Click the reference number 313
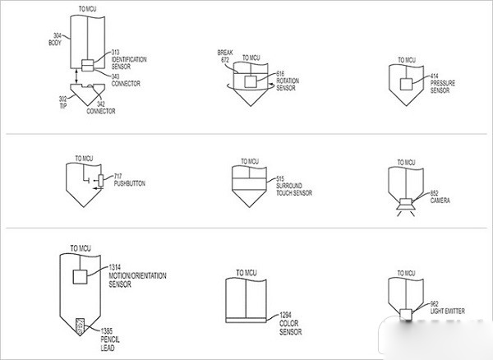pos(115,53)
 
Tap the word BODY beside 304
pos(55,43)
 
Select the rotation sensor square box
pos(251,81)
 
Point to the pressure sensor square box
pos(406,85)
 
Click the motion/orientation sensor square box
pos(80,277)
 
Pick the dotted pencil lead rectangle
pos(81,326)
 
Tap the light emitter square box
pos(406,315)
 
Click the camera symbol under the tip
pos(406,205)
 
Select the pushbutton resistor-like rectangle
pos(100,181)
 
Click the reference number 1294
pos(285,315)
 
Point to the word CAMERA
pos(440,201)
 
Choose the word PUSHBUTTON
pos(130,183)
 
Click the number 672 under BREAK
pos(225,59)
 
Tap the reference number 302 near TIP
pos(63,99)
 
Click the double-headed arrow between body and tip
pos(76,77)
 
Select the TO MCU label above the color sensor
pos(246,273)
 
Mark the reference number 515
pos(280,178)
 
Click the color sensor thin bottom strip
pos(246,321)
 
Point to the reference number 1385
pos(107,331)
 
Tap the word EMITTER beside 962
pos(454,312)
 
